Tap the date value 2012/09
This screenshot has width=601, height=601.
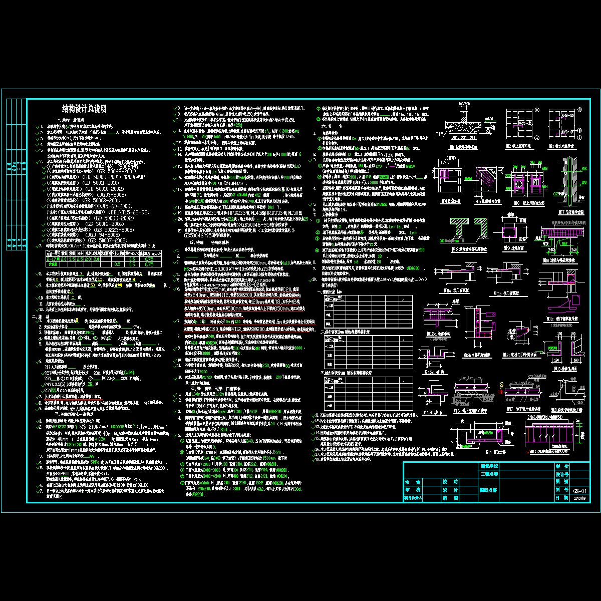(x=578, y=498)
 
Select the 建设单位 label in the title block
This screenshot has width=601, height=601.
(x=489, y=466)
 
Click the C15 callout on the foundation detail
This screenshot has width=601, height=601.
(x=439, y=134)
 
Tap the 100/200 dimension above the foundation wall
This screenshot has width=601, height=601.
(x=464, y=104)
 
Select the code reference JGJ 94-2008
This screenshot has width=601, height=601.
(x=104, y=234)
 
